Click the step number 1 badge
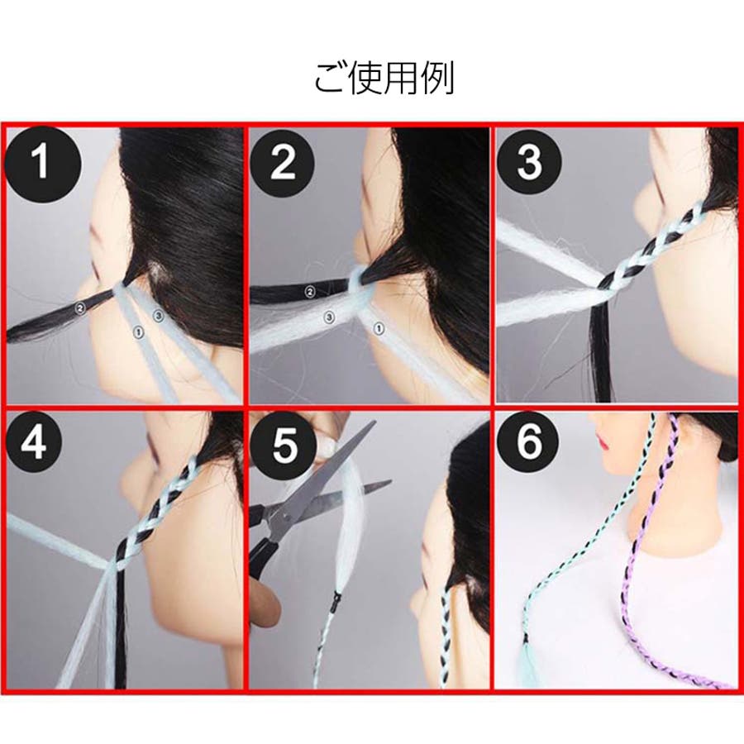tap(42, 163)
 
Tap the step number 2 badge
tap(283, 162)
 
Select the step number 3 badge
tap(529, 161)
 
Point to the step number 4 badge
tap(34, 441)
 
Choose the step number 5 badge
tap(284, 444)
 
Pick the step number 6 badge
tap(527, 441)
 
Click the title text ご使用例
tap(384, 78)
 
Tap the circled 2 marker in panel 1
tap(80, 308)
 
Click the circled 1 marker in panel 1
tap(138, 332)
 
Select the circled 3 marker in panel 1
tap(158, 315)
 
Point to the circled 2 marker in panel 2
tap(310, 292)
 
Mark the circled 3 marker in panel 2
tap(329, 317)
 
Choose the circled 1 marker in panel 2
tap(379, 328)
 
